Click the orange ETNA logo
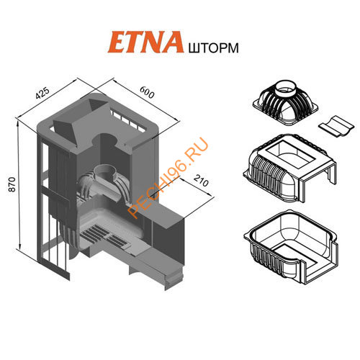(145, 42)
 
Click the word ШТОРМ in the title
(213, 48)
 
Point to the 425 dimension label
(42, 93)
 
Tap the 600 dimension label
(147, 92)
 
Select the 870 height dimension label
(12, 184)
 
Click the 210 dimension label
(201, 181)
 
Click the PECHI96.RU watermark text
(168, 178)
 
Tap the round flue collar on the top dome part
(287, 88)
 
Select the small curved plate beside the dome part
(336, 126)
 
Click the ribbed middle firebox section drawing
(289, 167)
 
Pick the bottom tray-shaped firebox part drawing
(291, 247)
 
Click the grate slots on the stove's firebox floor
(105, 236)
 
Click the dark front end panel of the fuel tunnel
(168, 241)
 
